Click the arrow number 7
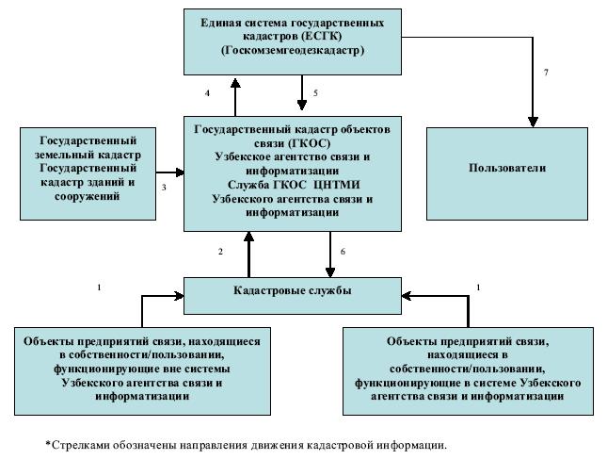pos(547,73)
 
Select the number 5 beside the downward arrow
pos(315,93)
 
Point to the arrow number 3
pos(164,188)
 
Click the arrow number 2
pos(220,252)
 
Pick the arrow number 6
pos(343,253)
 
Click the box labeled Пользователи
pos(507,168)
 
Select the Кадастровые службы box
pos(293,291)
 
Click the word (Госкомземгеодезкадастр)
pos(293,49)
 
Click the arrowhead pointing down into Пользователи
pos(533,121)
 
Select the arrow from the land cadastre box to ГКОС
pos(168,172)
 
